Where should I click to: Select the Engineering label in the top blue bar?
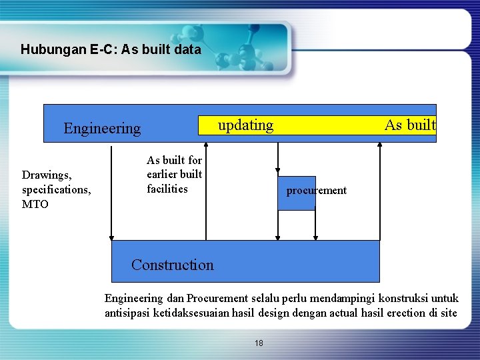click(102, 128)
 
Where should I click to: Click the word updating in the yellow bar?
click(245, 125)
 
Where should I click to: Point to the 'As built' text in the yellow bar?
click(409, 125)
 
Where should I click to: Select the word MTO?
click(35, 204)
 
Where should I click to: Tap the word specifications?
click(56, 189)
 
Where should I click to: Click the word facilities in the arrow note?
click(167, 189)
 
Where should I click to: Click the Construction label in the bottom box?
click(173, 265)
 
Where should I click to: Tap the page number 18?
click(259, 343)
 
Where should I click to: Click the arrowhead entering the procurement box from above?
click(278, 173)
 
